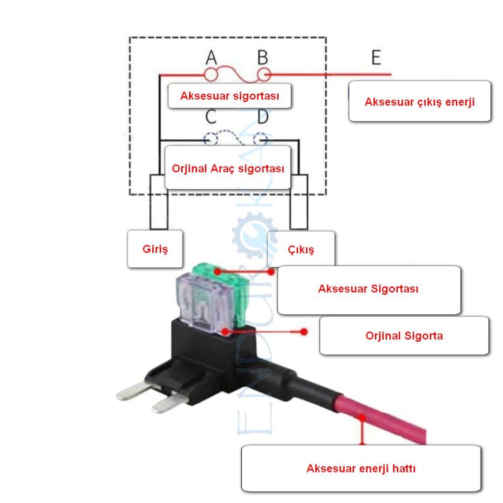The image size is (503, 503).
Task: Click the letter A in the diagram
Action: (x=211, y=57)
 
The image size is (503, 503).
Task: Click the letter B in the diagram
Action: (x=263, y=57)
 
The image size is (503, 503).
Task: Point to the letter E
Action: (x=376, y=57)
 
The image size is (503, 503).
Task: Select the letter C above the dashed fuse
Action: (x=211, y=117)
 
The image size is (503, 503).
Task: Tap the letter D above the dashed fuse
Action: (x=263, y=117)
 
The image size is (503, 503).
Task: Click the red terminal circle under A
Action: (x=211, y=75)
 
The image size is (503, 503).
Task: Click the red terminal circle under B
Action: (x=264, y=75)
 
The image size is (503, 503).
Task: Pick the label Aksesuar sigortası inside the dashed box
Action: (x=230, y=96)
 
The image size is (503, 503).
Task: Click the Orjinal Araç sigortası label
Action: (x=228, y=168)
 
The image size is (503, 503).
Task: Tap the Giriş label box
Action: (x=155, y=249)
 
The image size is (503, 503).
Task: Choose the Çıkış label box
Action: (x=301, y=249)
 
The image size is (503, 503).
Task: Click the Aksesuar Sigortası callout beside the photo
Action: (x=369, y=290)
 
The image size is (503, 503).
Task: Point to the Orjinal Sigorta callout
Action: (x=404, y=335)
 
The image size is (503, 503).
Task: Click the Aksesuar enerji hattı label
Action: (x=361, y=468)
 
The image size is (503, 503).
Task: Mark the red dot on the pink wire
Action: (x=362, y=418)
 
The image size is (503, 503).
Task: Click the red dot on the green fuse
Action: (x=218, y=271)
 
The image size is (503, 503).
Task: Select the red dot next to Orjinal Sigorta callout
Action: (x=304, y=332)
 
